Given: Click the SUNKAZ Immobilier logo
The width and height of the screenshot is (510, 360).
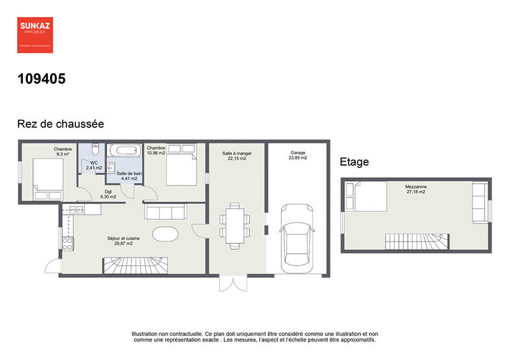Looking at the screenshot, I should click(x=34, y=34).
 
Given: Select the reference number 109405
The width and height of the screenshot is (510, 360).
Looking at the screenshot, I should click(x=41, y=79).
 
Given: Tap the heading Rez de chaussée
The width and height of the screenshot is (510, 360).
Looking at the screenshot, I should click(x=60, y=124).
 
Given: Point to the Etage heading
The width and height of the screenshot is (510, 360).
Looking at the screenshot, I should click(x=354, y=162).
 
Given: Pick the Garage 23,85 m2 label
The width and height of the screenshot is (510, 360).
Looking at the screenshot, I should click(x=298, y=155).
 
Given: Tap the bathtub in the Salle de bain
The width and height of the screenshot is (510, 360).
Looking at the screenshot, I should click(x=123, y=152).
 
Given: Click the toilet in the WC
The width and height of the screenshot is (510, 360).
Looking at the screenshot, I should click(x=94, y=150).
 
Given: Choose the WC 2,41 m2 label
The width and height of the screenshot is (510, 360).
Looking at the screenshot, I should click(x=94, y=165).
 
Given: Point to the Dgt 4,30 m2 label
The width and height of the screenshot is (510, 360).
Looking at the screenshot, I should click(x=108, y=194).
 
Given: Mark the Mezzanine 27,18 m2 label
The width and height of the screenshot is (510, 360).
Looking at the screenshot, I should click(x=416, y=189).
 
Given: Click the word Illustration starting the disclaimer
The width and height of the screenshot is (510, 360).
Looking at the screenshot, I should click(x=148, y=334).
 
